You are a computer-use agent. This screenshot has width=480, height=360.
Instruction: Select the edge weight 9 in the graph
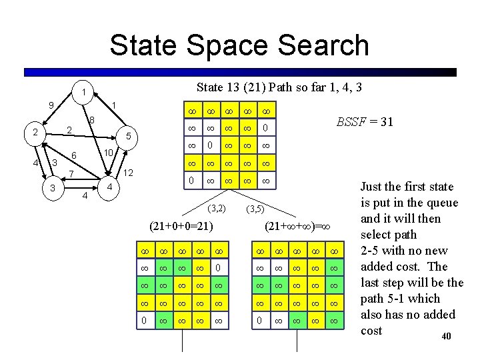click(x=51, y=105)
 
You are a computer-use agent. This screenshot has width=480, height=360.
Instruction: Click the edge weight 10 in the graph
click(x=106, y=153)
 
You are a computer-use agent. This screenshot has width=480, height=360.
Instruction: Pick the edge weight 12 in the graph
click(x=130, y=173)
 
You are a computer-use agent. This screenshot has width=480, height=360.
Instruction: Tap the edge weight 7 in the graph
click(x=71, y=175)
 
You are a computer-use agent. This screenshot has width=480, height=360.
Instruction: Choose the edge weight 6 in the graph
click(x=75, y=155)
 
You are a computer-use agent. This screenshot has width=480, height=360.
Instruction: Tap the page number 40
click(x=446, y=337)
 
